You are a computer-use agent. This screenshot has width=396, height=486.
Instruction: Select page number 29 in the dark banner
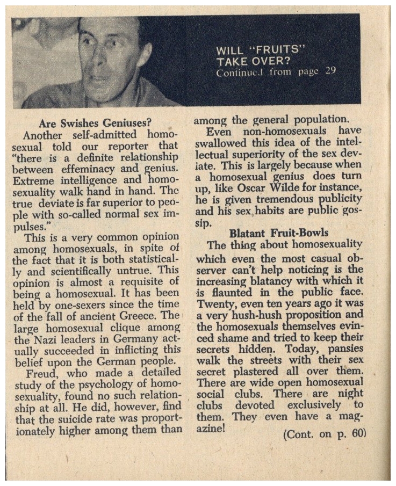coord(329,72)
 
